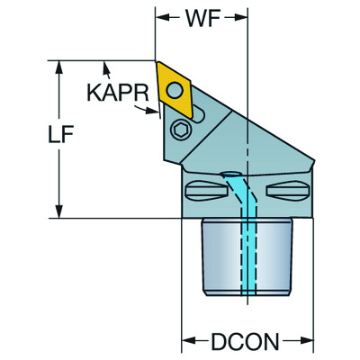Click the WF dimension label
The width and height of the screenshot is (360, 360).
click(x=200, y=17)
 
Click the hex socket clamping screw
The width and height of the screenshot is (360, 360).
click(x=179, y=130)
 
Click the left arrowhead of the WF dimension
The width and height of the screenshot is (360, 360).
click(x=161, y=17)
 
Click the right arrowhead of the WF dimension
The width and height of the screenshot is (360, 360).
click(x=240, y=17)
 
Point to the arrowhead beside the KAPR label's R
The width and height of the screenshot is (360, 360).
click(x=152, y=111)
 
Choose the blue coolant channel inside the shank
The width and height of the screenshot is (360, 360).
click(x=246, y=261)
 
